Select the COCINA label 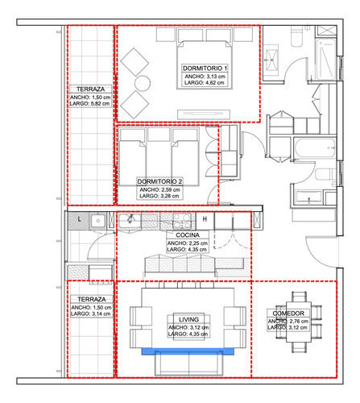(187, 235)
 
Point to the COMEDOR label (288, 313)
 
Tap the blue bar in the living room (188, 351)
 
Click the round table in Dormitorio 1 (142, 83)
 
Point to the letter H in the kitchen (205, 219)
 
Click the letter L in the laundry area (79, 219)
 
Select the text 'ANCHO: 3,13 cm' (205, 76)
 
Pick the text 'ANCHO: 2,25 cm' (187, 243)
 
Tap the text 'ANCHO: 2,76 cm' (288, 321)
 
